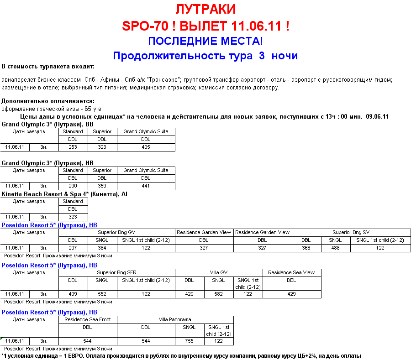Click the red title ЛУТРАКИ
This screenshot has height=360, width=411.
(205, 9)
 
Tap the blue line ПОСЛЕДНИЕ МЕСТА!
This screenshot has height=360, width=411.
(205, 41)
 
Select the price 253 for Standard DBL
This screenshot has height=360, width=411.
(73, 147)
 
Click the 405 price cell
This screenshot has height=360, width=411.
(145, 147)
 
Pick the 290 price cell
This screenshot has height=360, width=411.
(73, 186)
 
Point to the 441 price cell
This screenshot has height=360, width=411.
(145, 186)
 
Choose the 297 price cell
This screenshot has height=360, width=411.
(73, 248)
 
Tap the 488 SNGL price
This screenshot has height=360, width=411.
(335, 248)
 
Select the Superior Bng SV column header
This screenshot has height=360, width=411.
(351, 233)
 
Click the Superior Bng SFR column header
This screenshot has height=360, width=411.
(116, 273)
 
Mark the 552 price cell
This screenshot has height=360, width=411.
(102, 294)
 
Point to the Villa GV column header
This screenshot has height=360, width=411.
(219, 273)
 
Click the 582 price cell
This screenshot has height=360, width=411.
(219, 294)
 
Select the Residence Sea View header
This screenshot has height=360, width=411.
(291, 273)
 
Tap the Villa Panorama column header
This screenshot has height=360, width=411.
(175, 320)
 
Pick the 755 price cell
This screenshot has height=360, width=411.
(190, 341)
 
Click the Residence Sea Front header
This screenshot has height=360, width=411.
(88, 320)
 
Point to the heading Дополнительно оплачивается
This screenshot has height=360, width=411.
(48, 101)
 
